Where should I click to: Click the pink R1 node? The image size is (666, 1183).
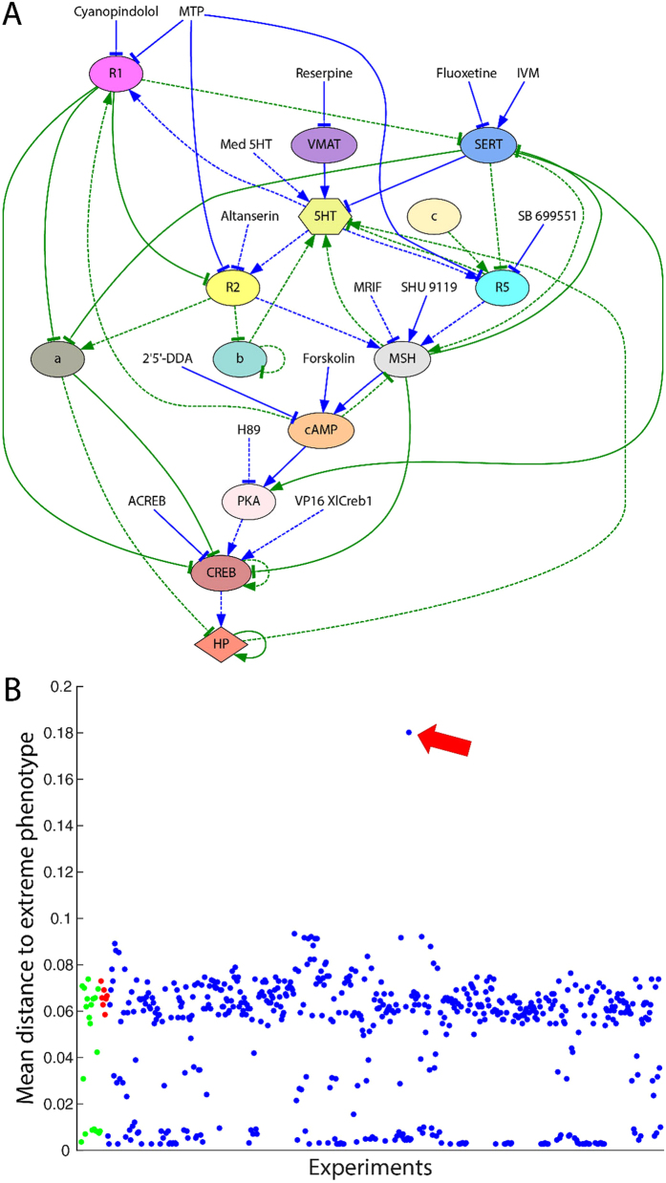[x=116, y=73]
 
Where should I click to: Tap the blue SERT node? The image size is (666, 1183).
[x=487, y=144]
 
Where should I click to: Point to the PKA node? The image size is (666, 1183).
[x=247, y=501]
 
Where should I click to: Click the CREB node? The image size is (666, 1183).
[x=221, y=572]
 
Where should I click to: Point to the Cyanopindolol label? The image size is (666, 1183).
[x=116, y=11]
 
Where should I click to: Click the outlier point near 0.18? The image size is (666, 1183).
[x=409, y=733]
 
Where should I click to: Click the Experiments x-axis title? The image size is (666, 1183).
[x=370, y=1168]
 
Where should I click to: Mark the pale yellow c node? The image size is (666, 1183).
[x=435, y=217]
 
